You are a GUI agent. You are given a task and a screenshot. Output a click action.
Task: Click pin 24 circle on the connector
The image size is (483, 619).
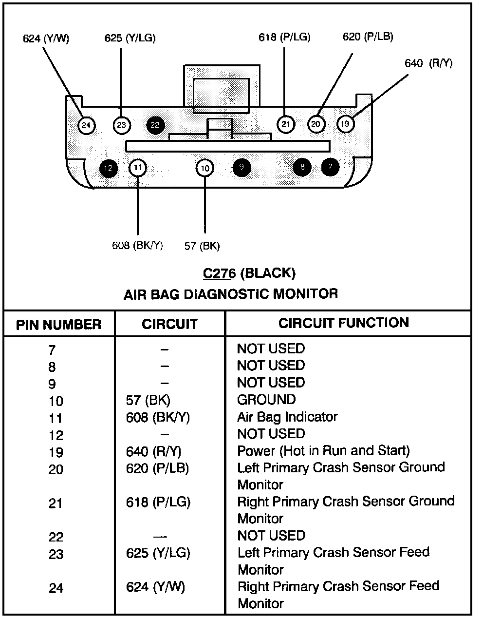click(x=86, y=126)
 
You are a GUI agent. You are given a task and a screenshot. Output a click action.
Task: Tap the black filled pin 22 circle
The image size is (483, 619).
click(x=155, y=125)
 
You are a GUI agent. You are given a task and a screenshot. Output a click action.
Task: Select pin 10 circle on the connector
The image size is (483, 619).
click(x=205, y=168)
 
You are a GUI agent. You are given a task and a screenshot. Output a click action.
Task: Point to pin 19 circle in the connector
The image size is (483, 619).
click(x=345, y=124)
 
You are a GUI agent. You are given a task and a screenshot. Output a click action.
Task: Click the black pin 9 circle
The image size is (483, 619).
click(x=241, y=167)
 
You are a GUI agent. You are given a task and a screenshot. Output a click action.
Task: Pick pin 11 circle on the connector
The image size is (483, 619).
click(x=138, y=168)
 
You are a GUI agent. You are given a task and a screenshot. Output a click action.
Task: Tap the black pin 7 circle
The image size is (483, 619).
click(x=330, y=167)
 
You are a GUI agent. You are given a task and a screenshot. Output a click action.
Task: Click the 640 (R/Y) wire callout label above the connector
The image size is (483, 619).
click(x=428, y=63)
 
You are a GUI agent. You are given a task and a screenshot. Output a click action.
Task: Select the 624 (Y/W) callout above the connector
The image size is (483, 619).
click(x=46, y=39)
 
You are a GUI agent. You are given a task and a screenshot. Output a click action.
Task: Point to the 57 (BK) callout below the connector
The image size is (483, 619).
click(x=202, y=246)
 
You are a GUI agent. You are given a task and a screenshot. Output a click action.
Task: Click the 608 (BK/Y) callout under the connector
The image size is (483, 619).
click(x=137, y=246)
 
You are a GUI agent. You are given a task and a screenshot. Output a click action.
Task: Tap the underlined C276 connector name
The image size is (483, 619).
click(x=219, y=273)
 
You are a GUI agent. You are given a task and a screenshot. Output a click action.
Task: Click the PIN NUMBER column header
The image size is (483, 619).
click(x=58, y=325)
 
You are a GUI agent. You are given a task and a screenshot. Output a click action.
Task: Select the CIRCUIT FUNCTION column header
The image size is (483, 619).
click(x=344, y=323)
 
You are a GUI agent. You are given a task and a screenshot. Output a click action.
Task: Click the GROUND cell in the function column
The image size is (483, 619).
click(x=266, y=400)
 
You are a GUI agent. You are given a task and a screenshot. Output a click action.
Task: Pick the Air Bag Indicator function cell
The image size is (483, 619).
click(x=287, y=417)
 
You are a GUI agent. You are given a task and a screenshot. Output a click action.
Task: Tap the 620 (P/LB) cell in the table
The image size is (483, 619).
click(x=157, y=468)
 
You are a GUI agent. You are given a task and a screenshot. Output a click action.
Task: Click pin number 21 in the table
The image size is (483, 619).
click(x=56, y=503)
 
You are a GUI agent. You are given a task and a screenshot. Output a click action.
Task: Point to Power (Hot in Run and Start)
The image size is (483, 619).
click(x=323, y=450)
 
